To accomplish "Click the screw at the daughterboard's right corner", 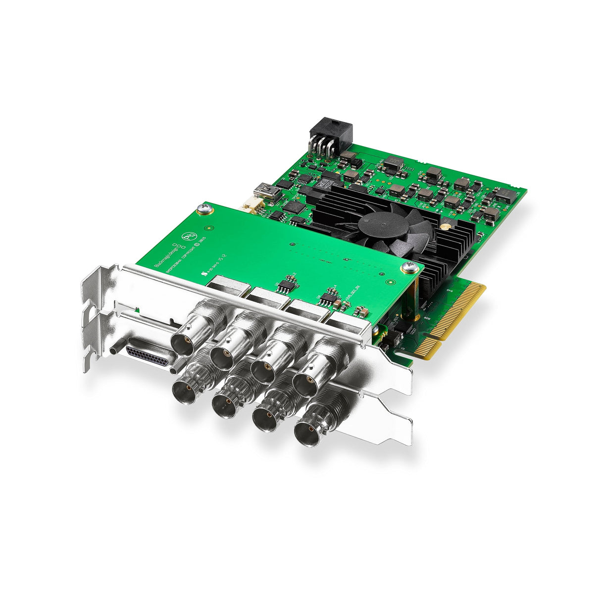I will coord(409,268).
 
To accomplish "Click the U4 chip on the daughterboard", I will coord(328,298).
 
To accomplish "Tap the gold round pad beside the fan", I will coord(446,226).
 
